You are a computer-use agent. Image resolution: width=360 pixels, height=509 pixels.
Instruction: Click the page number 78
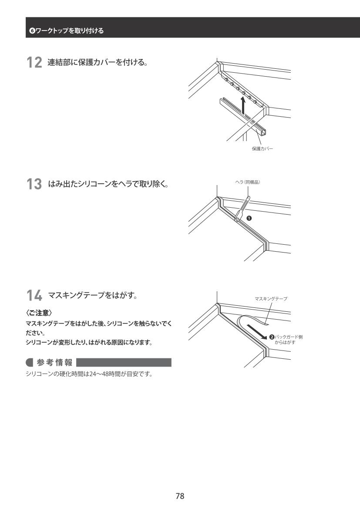point(180,496)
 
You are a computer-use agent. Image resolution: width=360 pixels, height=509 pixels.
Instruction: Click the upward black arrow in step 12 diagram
point(243,106)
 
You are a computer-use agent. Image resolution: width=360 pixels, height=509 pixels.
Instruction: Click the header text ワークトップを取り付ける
point(70,30)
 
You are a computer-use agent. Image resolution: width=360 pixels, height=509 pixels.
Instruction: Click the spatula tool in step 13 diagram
point(242,209)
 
